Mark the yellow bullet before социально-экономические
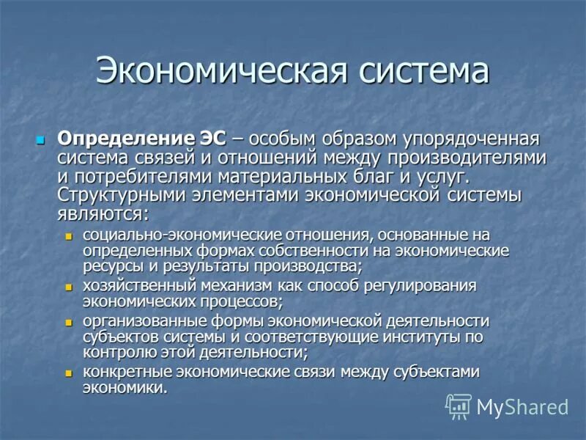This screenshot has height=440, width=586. pos(70,236)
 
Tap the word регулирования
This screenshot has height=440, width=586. pos(425,286)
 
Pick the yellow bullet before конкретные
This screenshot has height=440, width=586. pos(70,373)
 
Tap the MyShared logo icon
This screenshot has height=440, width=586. pos(459,406)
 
